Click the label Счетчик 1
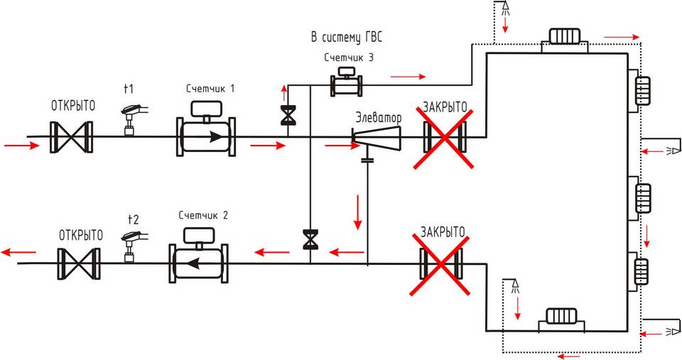tap(210, 89)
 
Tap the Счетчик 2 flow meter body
tap(199, 263)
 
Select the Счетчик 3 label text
tap(349, 58)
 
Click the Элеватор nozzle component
tap(377, 138)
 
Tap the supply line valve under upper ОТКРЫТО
tap(71, 137)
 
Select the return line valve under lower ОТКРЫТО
tap(79, 263)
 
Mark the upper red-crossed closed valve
tap(443, 137)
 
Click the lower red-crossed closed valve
tap(441, 263)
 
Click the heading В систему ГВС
tap(347, 38)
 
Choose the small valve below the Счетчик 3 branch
tap(287, 116)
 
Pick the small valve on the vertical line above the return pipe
tap(310, 239)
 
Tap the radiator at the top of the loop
tap(565, 36)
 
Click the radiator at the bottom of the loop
tap(561, 316)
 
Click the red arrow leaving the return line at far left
tap(18, 252)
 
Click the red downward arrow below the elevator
tap(358, 212)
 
